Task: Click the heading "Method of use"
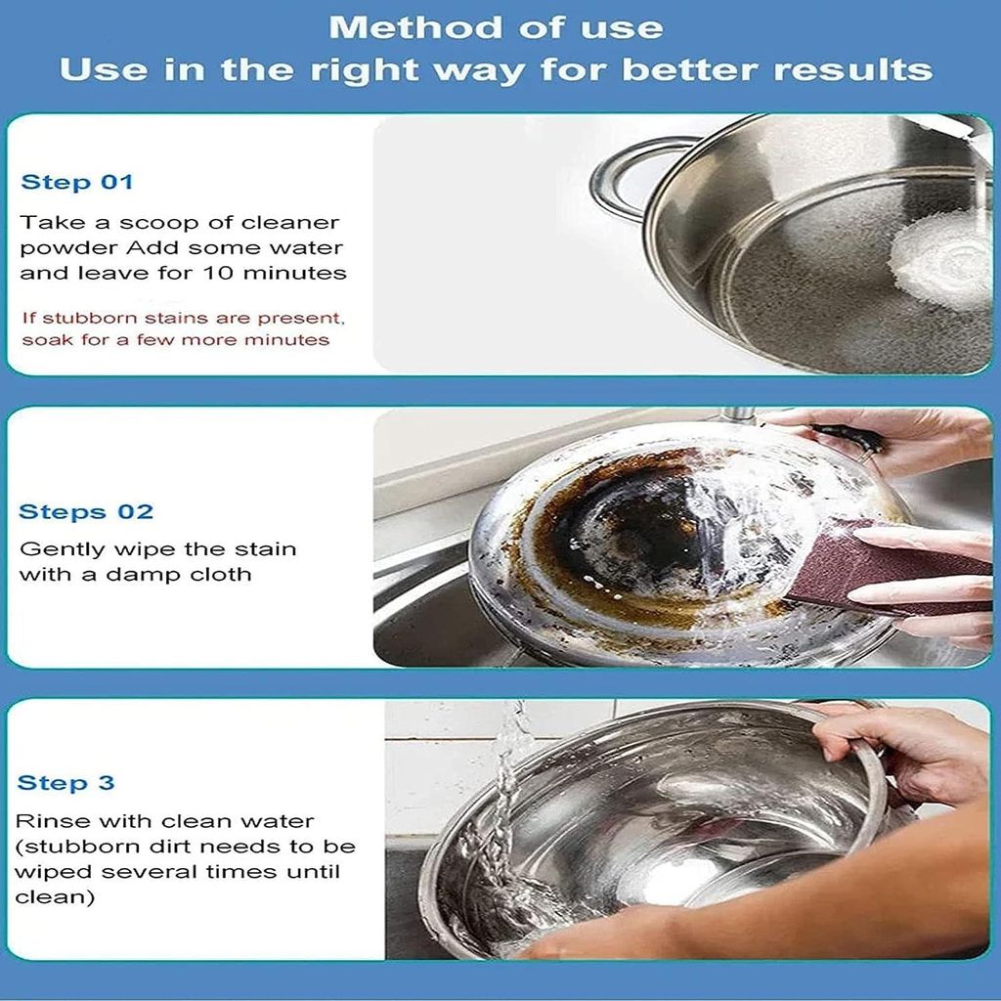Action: pos(496,27)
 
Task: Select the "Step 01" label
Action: pos(77,182)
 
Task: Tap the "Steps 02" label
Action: pos(86,511)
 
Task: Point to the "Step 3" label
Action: pos(66,782)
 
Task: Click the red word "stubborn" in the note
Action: pos(85,319)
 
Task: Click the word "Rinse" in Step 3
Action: pos(46,821)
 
